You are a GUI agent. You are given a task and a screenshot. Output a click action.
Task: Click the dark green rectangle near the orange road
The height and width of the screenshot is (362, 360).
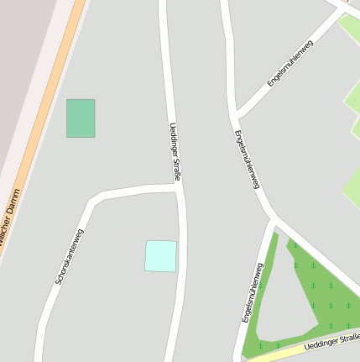tap(81, 118)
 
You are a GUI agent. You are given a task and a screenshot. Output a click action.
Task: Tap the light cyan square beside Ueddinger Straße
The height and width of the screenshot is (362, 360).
tap(161, 256)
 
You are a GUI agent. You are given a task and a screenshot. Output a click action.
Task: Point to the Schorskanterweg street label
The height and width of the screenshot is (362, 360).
tap(70, 255)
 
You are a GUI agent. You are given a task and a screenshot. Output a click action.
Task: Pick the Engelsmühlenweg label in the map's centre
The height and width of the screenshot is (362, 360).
tap(246, 160)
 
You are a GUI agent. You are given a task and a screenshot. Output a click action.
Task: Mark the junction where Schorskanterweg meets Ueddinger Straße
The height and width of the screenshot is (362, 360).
tap(180, 188)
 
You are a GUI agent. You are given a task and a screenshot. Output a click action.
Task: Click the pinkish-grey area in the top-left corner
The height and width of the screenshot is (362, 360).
tap(21, 50)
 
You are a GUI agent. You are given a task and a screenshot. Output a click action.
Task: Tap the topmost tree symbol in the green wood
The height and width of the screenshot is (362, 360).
tap(295, 245)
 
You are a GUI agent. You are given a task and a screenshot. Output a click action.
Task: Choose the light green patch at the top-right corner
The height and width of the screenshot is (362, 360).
tap(350, 29)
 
